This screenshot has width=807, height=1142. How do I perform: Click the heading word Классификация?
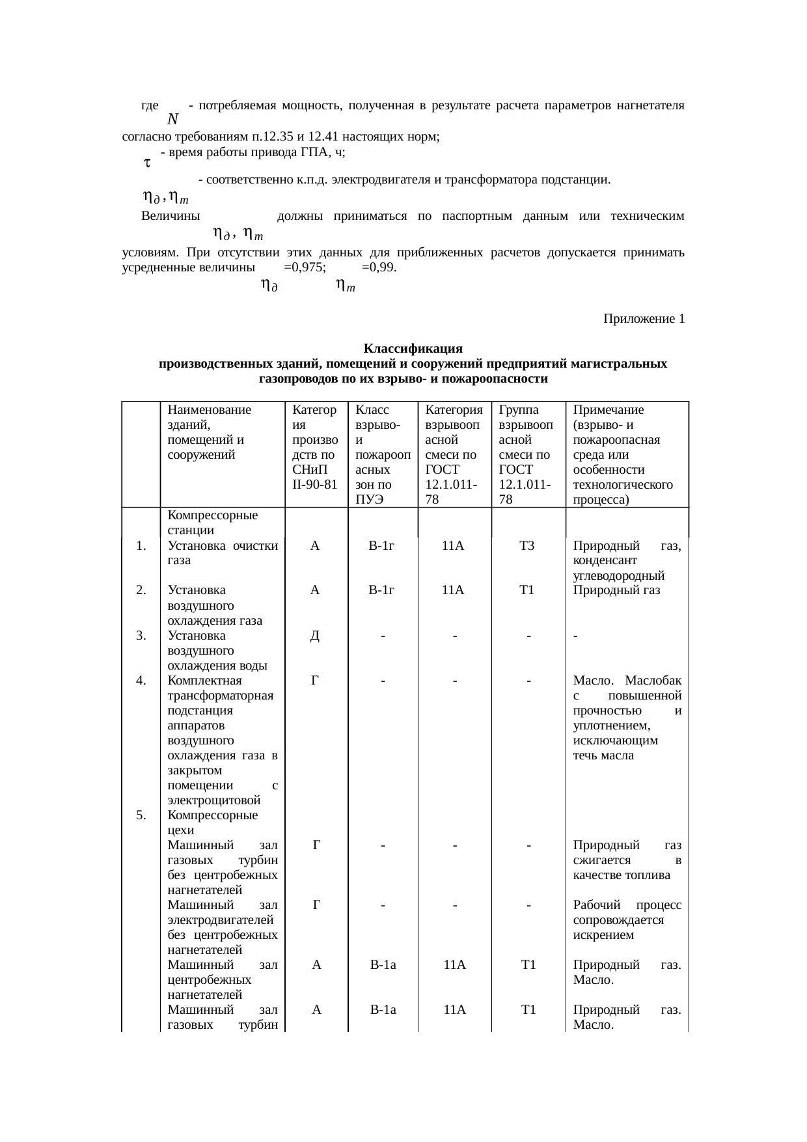[413, 348]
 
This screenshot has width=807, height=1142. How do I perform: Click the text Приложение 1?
[643, 319]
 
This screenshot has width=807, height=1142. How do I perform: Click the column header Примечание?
[608, 410]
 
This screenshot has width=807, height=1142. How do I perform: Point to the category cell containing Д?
[315, 636]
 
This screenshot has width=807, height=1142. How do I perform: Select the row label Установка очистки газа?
[222, 552]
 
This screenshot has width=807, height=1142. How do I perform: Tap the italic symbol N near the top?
[172, 119]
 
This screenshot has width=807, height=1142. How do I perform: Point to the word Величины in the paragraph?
[170, 216]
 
